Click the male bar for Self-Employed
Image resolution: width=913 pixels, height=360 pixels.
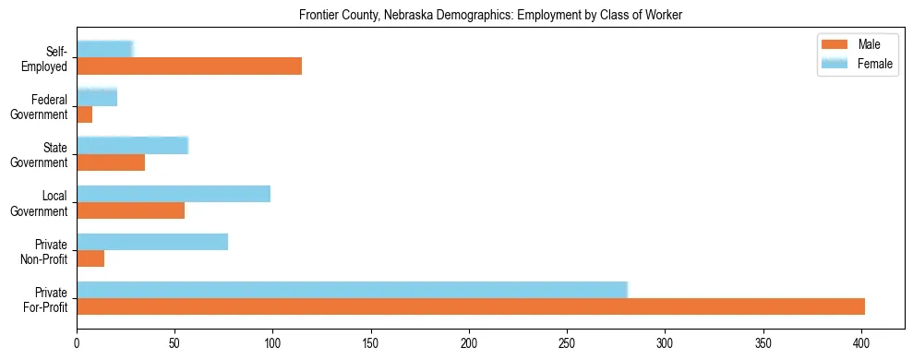click(x=189, y=66)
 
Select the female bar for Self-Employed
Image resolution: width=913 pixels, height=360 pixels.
click(x=104, y=49)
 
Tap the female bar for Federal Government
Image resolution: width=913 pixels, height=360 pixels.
click(x=97, y=97)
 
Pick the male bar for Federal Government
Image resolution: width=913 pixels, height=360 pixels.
click(x=85, y=114)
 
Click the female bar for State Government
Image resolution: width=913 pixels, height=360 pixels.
click(x=132, y=145)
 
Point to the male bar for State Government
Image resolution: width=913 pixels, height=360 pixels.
click(x=111, y=162)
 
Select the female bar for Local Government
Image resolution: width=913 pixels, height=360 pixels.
click(x=174, y=193)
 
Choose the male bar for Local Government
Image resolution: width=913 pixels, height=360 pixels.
click(x=130, y=210)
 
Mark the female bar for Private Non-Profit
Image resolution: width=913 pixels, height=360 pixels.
click(x=152, y=242)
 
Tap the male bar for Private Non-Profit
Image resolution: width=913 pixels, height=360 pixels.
click(x=90, y=259)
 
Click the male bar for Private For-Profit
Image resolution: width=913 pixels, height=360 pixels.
click(x=471, y=306)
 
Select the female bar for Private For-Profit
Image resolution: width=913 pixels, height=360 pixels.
click(x=352, y=290)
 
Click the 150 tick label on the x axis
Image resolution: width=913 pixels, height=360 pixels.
click(x=371, y=343)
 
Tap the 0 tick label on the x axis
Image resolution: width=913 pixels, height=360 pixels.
click(x=77, y=343)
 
